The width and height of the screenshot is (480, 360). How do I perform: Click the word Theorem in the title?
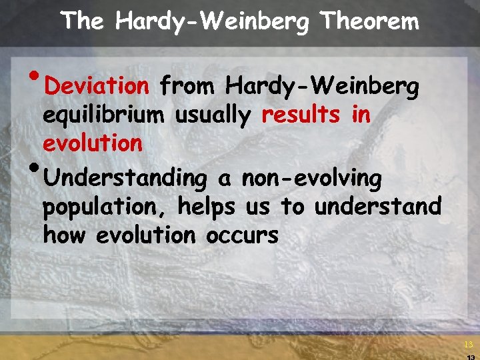point(370,21)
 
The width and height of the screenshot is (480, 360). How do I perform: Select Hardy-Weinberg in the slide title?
point(211,21)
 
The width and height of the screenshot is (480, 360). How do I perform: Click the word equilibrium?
point(103,115)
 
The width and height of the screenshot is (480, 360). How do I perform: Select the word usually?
point(213,115)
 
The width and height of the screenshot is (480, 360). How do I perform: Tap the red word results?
point(301,115)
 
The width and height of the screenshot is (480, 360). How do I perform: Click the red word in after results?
point(361,115)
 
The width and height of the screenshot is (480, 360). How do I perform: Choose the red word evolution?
point(93,143)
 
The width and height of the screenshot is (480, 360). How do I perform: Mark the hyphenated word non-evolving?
point(311,179)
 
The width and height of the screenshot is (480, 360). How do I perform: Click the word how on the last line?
point(65,235)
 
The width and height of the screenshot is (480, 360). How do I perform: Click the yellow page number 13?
point(468,345)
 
